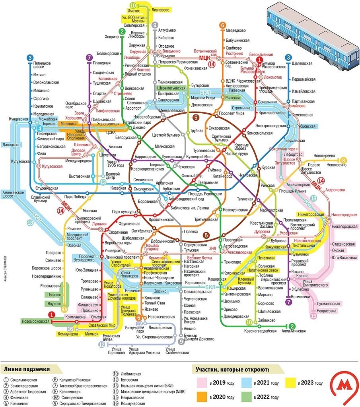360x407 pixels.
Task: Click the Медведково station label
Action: [x=237, y=30]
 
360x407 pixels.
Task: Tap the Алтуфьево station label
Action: [x=167, y=30]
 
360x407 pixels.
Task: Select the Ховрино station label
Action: [x=111, y=37]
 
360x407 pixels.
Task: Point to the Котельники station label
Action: [x=300, y=296]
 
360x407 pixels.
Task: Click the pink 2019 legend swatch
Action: [x=203, y=383]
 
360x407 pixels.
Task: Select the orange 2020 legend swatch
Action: [x=203, y=397]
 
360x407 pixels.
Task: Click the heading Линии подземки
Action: [x=27, y=369]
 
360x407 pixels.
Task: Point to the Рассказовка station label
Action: [x=51, y=285]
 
